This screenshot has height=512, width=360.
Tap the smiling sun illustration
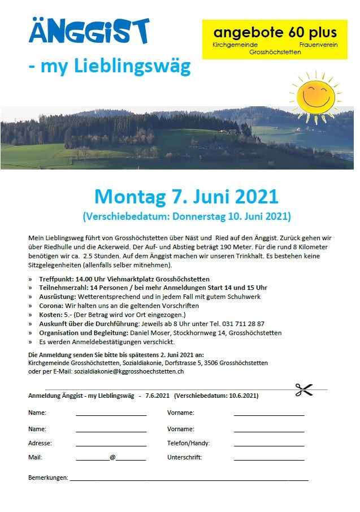click(x=316, y=94)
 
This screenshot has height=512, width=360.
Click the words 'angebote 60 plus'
click(x=275, y=32)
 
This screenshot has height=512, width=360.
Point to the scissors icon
click(x=303, y=389)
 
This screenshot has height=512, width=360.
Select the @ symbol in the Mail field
click(x=112, y=457)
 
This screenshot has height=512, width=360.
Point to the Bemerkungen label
click(x=48, y=478)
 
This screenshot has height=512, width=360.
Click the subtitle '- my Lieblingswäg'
click(x=110, y=67)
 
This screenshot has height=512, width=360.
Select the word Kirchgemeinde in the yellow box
click(x=235, y=44)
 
